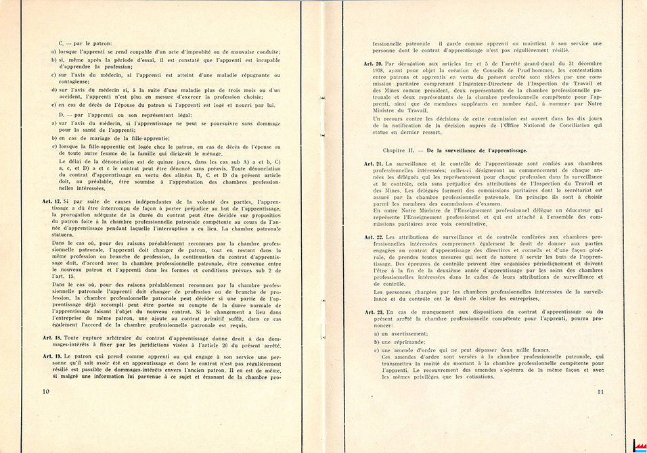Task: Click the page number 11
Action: (600, 390)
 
